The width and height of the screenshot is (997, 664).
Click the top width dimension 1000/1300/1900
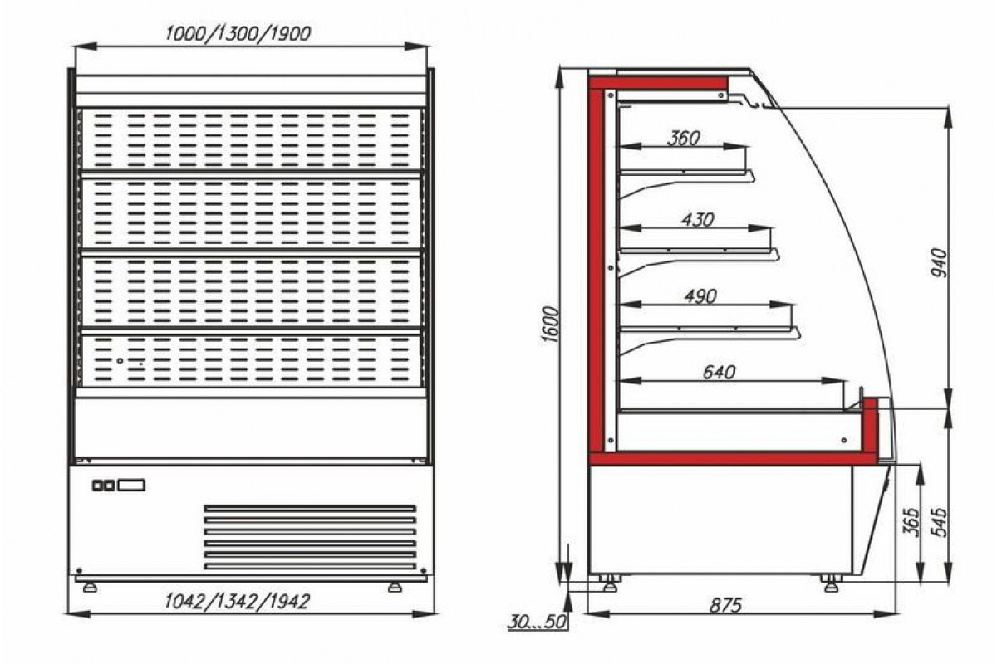point(238,34)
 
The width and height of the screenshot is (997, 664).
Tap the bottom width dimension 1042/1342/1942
point(237,602)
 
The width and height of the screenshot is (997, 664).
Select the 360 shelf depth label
point(684,139)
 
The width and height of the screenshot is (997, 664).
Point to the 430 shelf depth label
point(697,220)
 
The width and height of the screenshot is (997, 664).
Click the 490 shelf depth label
point(700,296)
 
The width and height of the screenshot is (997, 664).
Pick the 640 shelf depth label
point(719,372)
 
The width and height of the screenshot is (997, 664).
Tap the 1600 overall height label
point(551,325)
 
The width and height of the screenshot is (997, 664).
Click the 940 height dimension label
point(939,262)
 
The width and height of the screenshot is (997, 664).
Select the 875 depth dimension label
point(725,606)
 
